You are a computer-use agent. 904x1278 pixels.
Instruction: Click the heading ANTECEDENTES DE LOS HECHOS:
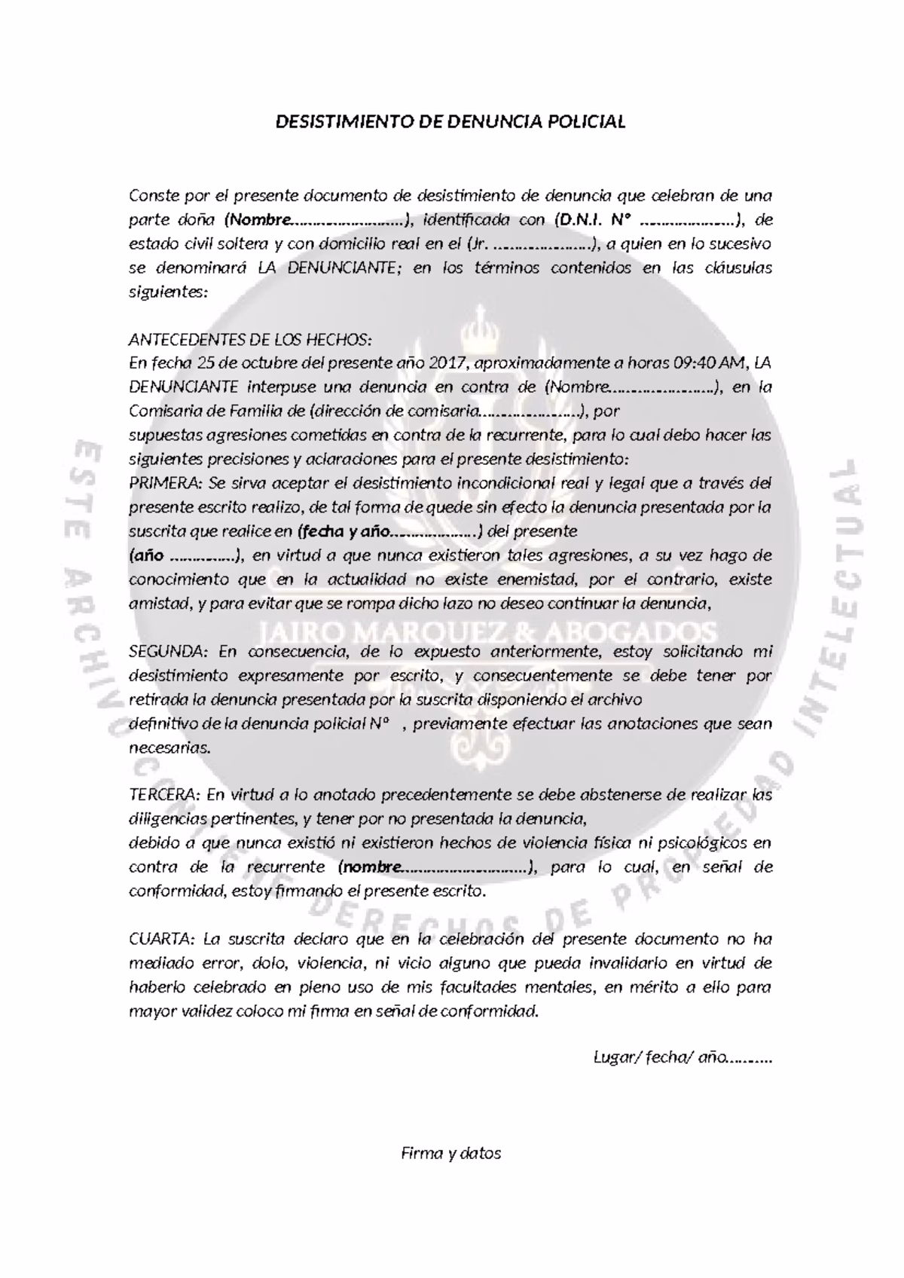[x=251, y=338]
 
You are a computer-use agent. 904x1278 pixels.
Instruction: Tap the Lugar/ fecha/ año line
[x=683, y=1059]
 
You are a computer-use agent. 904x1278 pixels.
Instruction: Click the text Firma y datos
[x=451, y=1154]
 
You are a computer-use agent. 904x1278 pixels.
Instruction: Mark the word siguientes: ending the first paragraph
[x=168, y=292]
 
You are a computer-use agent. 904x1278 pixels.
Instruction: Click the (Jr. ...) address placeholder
[x=533, y=244]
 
